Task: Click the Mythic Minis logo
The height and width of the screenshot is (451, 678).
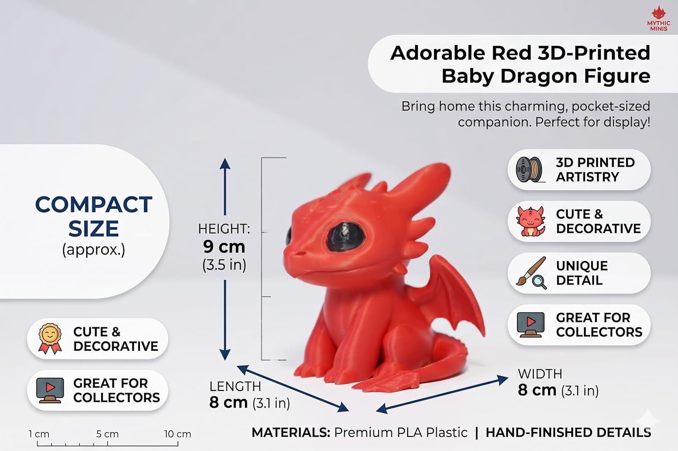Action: click(659, 19)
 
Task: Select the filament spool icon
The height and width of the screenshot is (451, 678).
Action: click(530, 170)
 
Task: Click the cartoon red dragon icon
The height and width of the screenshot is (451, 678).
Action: click(531, 221)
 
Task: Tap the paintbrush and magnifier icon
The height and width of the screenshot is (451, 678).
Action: click(532, 273)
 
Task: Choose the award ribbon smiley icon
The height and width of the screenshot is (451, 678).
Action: click(50, 339)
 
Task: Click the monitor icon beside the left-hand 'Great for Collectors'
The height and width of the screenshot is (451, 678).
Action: click(50, 390)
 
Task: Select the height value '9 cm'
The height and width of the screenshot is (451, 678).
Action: click(224, 246)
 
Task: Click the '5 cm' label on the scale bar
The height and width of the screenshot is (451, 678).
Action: click(108, 434)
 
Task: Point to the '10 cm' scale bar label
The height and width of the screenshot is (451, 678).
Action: click(178, 434)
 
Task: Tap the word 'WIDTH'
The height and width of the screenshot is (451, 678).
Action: click(540, 374)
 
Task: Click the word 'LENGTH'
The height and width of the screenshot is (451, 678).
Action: click(235, 386)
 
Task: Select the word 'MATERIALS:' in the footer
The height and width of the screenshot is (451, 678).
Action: click(291, 432)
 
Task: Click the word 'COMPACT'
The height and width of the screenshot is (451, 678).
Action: click(94, 205)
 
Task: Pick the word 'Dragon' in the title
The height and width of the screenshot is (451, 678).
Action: click(539, 76)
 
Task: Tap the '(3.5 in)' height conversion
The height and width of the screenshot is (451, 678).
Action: click(224, 265)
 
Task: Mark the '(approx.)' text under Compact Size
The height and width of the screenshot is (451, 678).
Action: click(94, 250)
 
